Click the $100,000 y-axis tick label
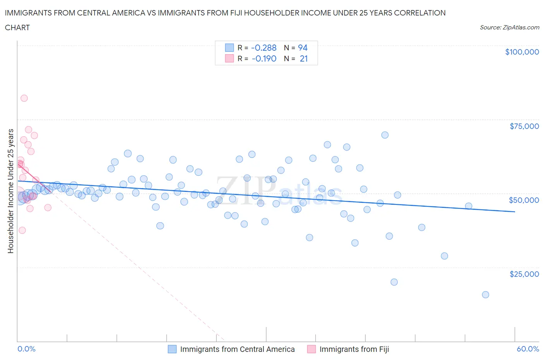click(x=522, y=52)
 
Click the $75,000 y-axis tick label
click(x=524, y=126)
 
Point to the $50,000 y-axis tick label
click(x=524, y=200)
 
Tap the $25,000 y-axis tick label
click(x=524, y=274)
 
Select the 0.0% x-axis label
click(x=26, y=349)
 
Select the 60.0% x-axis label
click(x=528, y=349)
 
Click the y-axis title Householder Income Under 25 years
click(x=11, y=191)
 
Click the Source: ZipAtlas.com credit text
click(x=509, y=27)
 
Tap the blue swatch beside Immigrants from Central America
click(x=172, y=349)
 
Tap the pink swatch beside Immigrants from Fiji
click(x=311, y=349)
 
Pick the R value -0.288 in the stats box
click(x=264, y=48)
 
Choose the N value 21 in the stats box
click(x=304, y=58)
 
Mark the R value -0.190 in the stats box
click(x=264, y=58)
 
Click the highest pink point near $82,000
click(x=24, y=98)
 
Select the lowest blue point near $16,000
click(x=486, y=295)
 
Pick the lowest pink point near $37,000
click(x=22, y=230)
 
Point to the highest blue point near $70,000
click(x=385, y=135)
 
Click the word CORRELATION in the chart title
click(x=420, y=13)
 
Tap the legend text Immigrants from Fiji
click(x=354, y=349)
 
